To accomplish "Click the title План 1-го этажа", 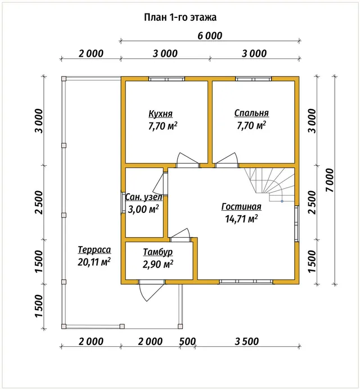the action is click(180, 17).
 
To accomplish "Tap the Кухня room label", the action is click(160, 114).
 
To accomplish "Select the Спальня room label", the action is click(251, 113).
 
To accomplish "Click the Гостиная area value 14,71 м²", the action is click(241, 219).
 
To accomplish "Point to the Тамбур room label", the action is click(157, 252).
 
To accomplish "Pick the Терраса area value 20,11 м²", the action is click(94, 262).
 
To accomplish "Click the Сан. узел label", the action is click(143, 197).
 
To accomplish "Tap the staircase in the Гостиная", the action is click(269, 184).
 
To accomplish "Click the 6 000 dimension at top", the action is click(210, 36).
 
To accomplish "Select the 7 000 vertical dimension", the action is click(329, 180).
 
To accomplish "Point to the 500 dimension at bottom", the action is click(187, 341).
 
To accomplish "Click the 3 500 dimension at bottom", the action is click(247, 341).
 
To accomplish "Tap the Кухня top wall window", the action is click(167, 79).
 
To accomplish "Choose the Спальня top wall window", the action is click(254, 79).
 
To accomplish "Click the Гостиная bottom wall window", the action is click(246, 282).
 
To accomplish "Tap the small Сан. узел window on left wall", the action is click(123, 202).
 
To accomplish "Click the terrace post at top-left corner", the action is click(64, 79).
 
